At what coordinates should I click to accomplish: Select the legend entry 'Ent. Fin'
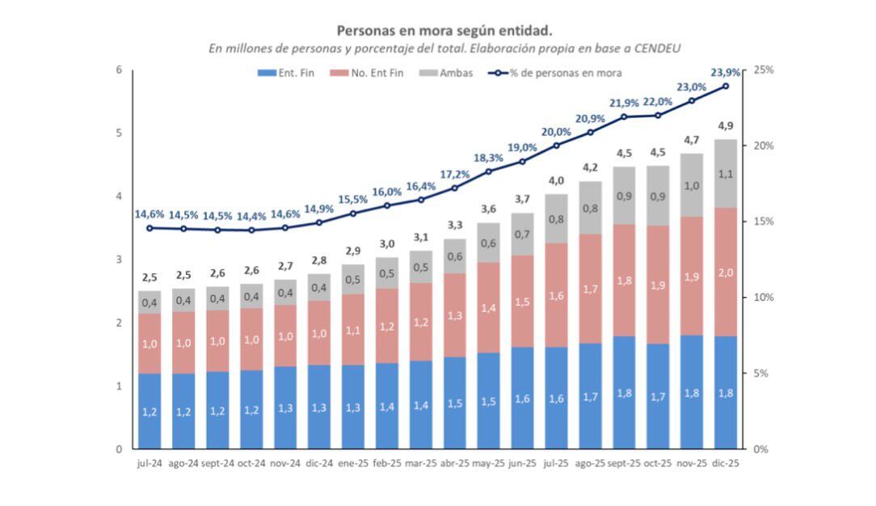(290, 74)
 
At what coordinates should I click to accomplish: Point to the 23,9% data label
(726, 73)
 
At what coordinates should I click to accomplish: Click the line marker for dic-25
(726, 86)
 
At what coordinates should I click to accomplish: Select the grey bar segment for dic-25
(726, 173)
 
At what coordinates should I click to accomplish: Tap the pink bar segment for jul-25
(556, 295)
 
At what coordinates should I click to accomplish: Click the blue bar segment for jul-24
(150, 411)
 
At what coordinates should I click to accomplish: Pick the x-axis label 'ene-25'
(352, 464)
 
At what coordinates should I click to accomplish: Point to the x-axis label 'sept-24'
(217, 464)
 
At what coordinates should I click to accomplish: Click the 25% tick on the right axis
(764, 70)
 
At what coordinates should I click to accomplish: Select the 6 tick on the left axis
(119, 70)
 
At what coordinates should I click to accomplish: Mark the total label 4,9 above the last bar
(726, 126)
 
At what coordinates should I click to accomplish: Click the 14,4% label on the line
(251, 216)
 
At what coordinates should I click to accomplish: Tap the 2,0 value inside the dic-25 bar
(726, 272)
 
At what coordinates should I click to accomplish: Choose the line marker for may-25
(488, 171)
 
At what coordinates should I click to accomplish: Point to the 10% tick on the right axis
(764, 297)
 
